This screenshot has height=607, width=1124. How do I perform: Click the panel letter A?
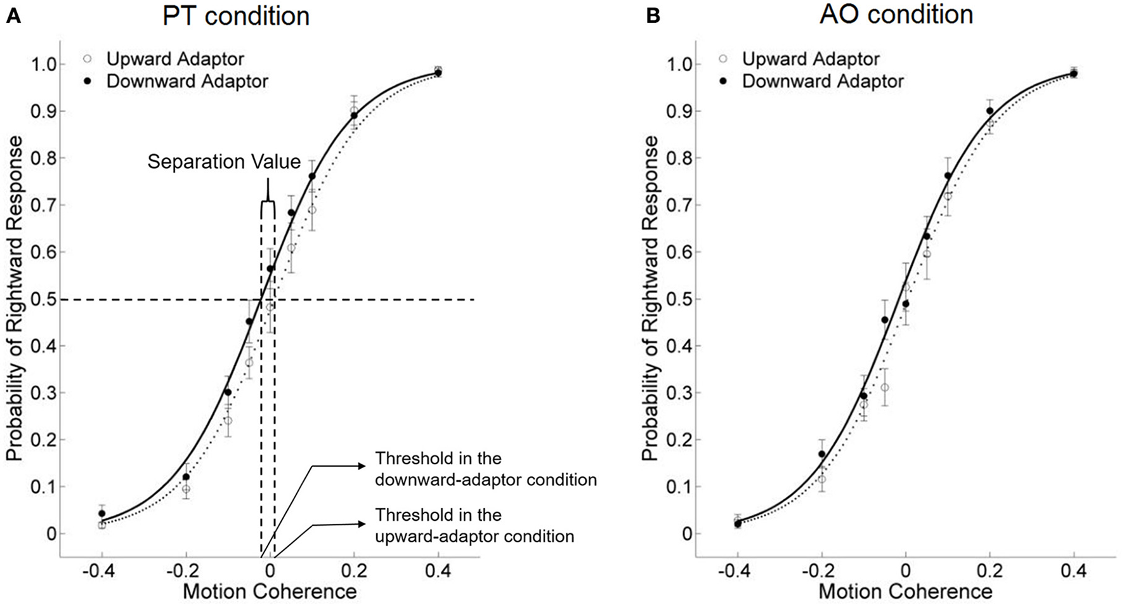coord(13,16)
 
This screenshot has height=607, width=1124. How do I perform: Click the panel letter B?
coord(653,16)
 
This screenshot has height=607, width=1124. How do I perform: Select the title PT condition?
coord(236,16)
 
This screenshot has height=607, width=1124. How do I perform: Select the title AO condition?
coord(896,14)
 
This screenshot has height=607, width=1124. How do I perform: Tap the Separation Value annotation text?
coord(224,162)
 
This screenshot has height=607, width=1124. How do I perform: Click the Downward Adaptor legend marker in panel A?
coord(88,81)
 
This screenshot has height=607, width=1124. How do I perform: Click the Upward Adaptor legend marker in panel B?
coord(722,59)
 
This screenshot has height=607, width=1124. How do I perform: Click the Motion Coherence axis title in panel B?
coord(905,592)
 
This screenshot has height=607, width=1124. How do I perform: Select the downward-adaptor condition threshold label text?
coord(485,469)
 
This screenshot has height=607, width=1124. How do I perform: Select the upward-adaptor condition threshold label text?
coord(474,525)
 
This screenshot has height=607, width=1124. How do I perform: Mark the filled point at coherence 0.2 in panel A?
coord(354,115)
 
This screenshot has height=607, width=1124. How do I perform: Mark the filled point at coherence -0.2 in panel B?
coord(821,454)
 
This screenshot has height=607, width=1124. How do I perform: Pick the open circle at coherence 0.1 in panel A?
coord(311,210)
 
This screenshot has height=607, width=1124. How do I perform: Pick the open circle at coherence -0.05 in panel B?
coord(884,388)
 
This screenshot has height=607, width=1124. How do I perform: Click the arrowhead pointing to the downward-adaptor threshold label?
coord(363,466)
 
